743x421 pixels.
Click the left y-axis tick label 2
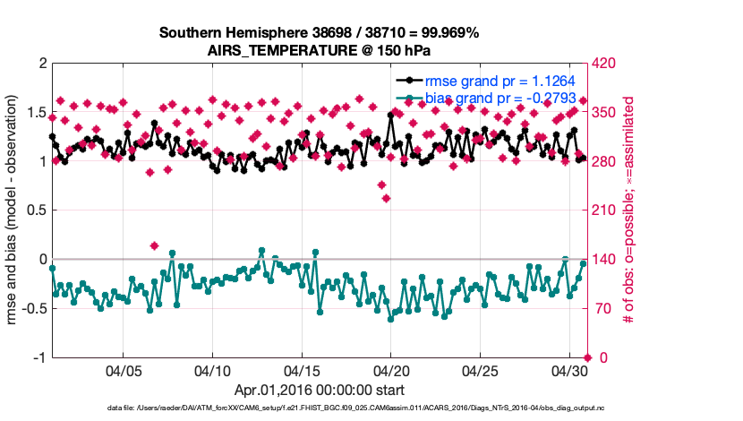pos(42,64)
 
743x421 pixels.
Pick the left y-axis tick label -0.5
pos(34,308)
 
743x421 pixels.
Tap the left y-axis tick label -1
pos(39,357)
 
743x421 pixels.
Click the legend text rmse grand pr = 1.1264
pos(500,81)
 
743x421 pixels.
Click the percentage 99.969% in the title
pos(448,32)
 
